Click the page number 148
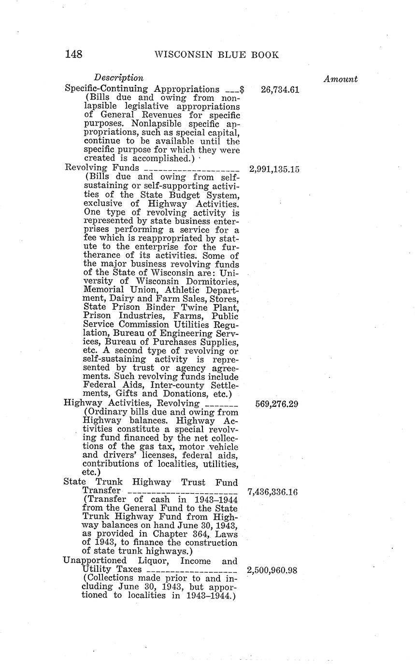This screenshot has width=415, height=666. point(73,54)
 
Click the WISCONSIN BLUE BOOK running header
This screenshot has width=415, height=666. point(216,55)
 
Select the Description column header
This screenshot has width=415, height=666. point(119,78)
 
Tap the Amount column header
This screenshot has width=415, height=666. point(341,79)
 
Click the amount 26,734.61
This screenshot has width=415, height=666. point(280,90)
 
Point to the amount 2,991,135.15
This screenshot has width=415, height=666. point(274,169)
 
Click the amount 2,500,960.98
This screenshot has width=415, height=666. point(273,570)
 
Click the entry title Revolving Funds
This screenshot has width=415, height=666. point(102,168)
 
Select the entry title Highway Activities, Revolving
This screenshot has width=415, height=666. point(131,403)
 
